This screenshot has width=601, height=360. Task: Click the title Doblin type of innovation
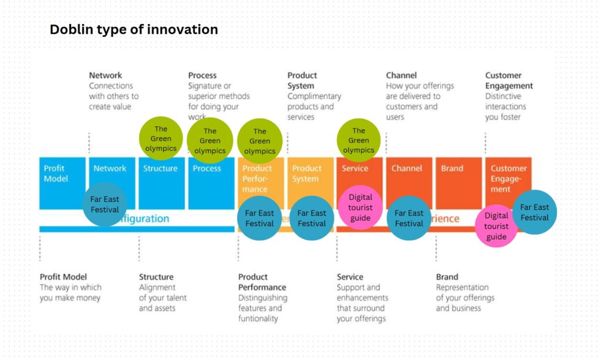pyautogui.click(x=133, y=29)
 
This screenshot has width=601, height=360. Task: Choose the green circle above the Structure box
pyautogui.click(x=161, y=139)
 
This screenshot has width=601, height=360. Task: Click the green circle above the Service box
pyautogui.click(x=359, y=140)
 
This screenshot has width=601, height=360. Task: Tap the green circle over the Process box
pyautogui.click(x=210, y=141)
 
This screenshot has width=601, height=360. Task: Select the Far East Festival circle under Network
pyautogui.click(x=104, y=204)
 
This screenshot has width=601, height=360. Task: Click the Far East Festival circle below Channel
pyautogui.click(x=408, y=218)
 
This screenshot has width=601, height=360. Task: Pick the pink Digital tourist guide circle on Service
pyautogui.click(x=360, y=207)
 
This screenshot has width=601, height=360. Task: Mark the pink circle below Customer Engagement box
pyautogui.click(x=496, y=226)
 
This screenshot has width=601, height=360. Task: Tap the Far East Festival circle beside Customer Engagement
pyautogui.click(x=534, y=212)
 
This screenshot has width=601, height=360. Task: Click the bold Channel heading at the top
pyautogui.click(x=401, y=75)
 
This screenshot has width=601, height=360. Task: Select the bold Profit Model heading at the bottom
pyautogui.click(x=63, y=277)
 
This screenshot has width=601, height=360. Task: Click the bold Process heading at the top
pyautogui.click(x=202, y=75)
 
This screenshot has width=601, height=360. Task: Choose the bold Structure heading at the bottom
pyautogui.click(x=156, y=277)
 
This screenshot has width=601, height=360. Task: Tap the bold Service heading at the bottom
pyautogui.click(x=350, y=277)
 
